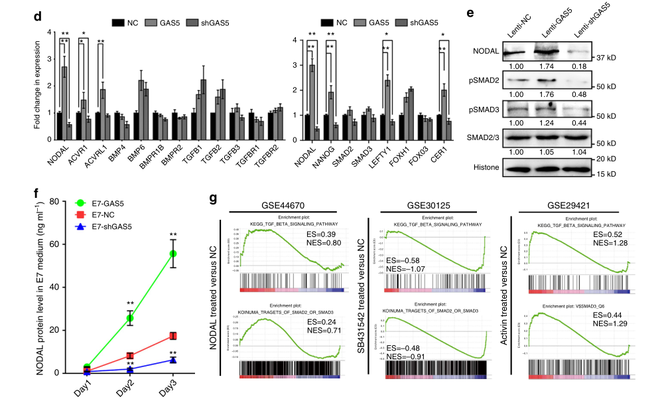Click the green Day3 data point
pos(174,254)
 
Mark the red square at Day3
pos(174,336)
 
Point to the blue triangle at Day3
pos(174,360)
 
